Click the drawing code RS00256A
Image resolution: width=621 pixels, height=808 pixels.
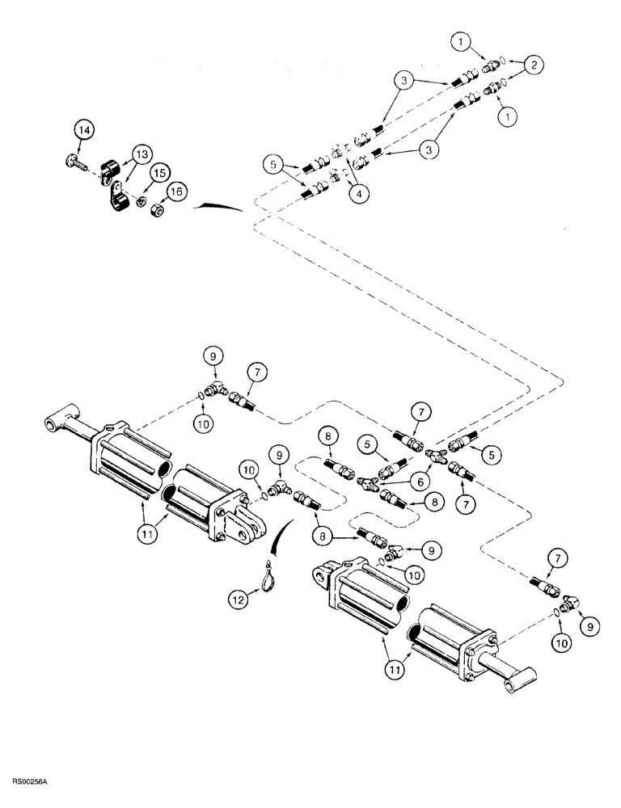point(31,782)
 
